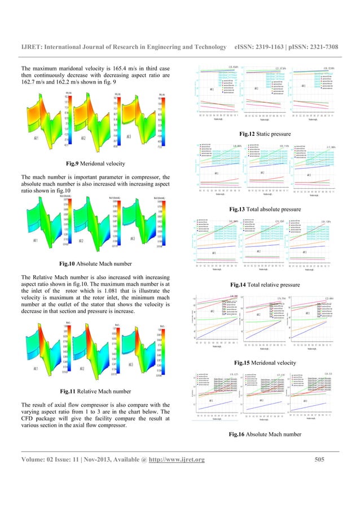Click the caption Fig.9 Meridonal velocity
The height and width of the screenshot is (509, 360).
pyautogui.click(x=93, y=163)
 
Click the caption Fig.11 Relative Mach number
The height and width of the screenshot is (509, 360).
pyautogui.click(x=93, y=391)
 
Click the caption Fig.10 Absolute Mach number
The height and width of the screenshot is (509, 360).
pyautogui.click(x=93, y=263)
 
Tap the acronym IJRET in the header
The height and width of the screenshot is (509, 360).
pyautogui.click(x=34, y=42)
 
